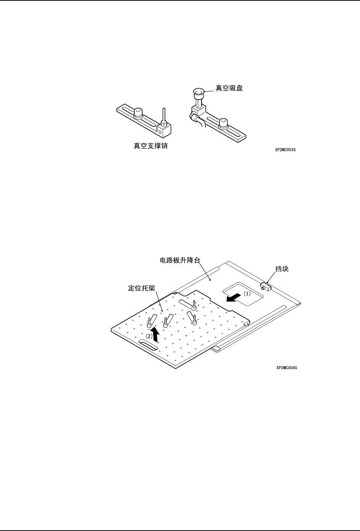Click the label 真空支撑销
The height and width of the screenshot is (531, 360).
(150, 146)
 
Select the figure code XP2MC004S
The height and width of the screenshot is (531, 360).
(287, 368)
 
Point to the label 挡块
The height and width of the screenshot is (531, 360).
(282, 269)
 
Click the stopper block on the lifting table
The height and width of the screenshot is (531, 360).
(266, 286)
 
